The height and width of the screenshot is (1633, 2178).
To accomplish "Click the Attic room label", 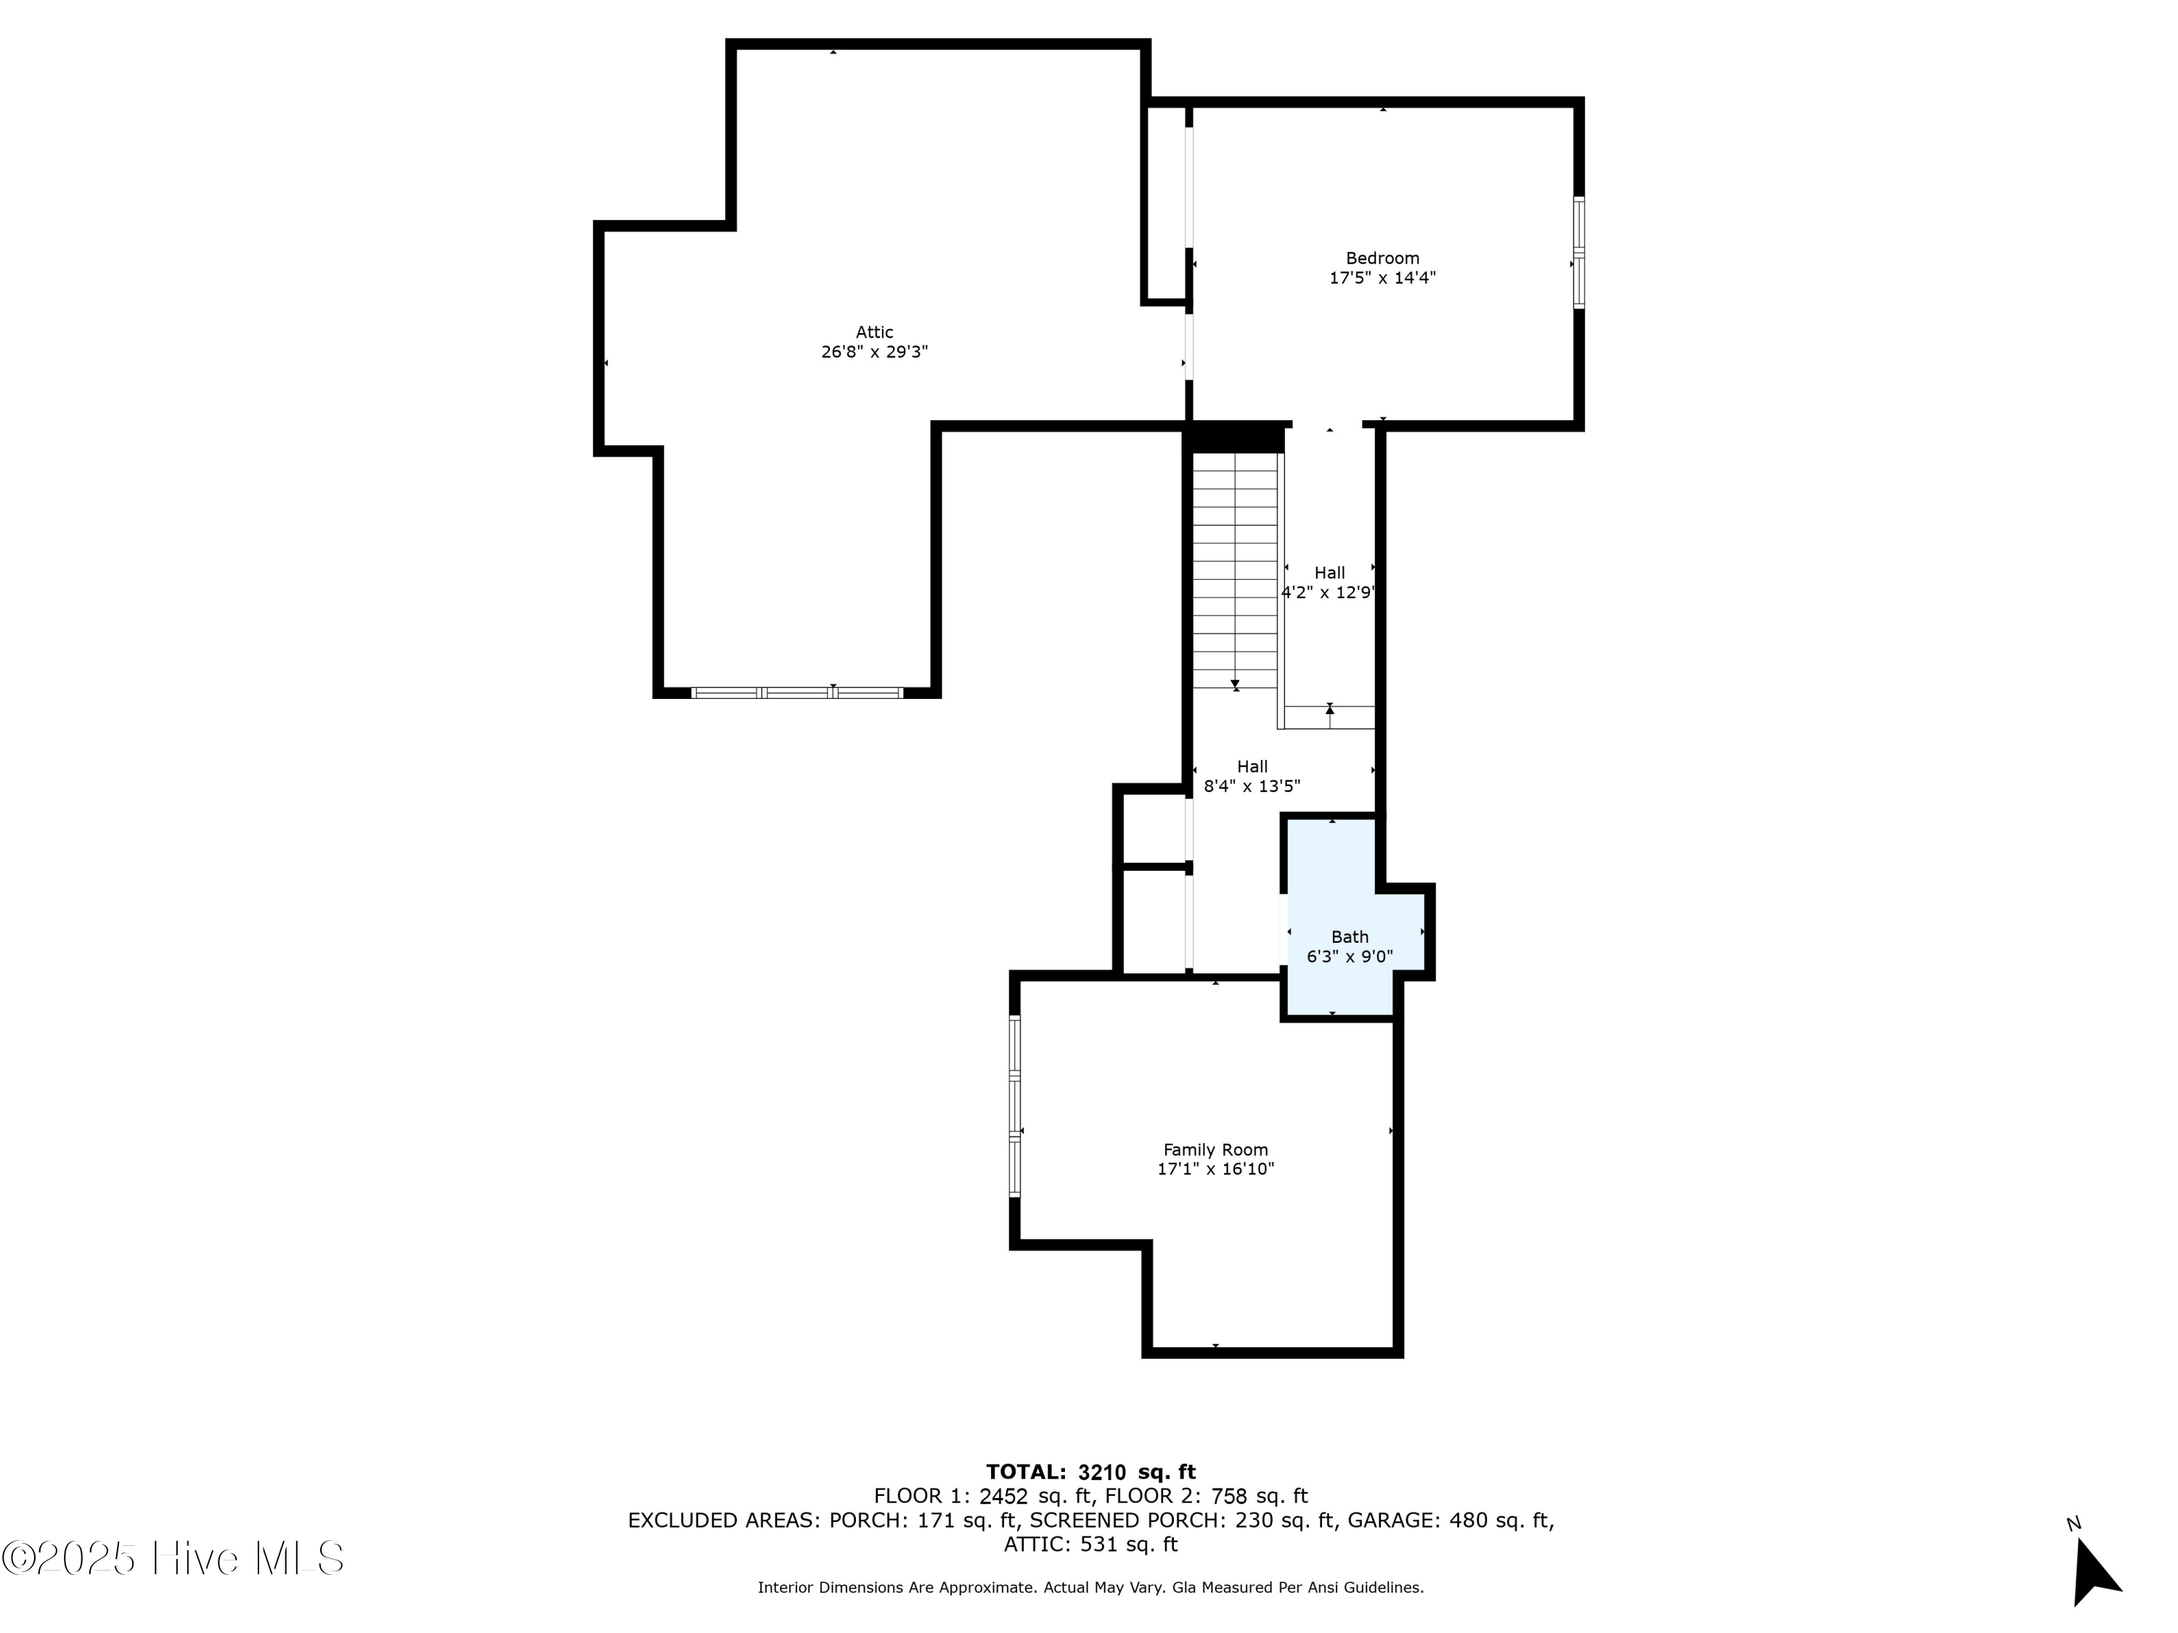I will pyautogui.click(x=873, y=332).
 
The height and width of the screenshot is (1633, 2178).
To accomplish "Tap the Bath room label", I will pyautogui.click(x=1349, y=937).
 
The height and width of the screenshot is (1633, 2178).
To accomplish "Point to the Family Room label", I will pyautogui.click(x=1215, y=1150).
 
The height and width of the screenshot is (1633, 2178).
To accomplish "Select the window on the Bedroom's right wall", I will pyautogui.click(x=1578, y=253).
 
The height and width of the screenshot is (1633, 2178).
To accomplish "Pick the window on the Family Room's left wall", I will pyautogui.click(x=1014, y=1106).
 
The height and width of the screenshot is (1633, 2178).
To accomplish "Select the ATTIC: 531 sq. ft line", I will pyautogui.click(x=1090, y=1544).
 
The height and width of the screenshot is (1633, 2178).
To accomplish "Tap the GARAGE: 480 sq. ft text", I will pyautogui.click(x=1449, y=1521).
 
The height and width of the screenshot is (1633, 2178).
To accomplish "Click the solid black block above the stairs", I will pyautogui.click(x=1236, y=437).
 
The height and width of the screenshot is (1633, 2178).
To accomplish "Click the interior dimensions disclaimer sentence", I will pyautogui.click(x=1090, y=1588).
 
